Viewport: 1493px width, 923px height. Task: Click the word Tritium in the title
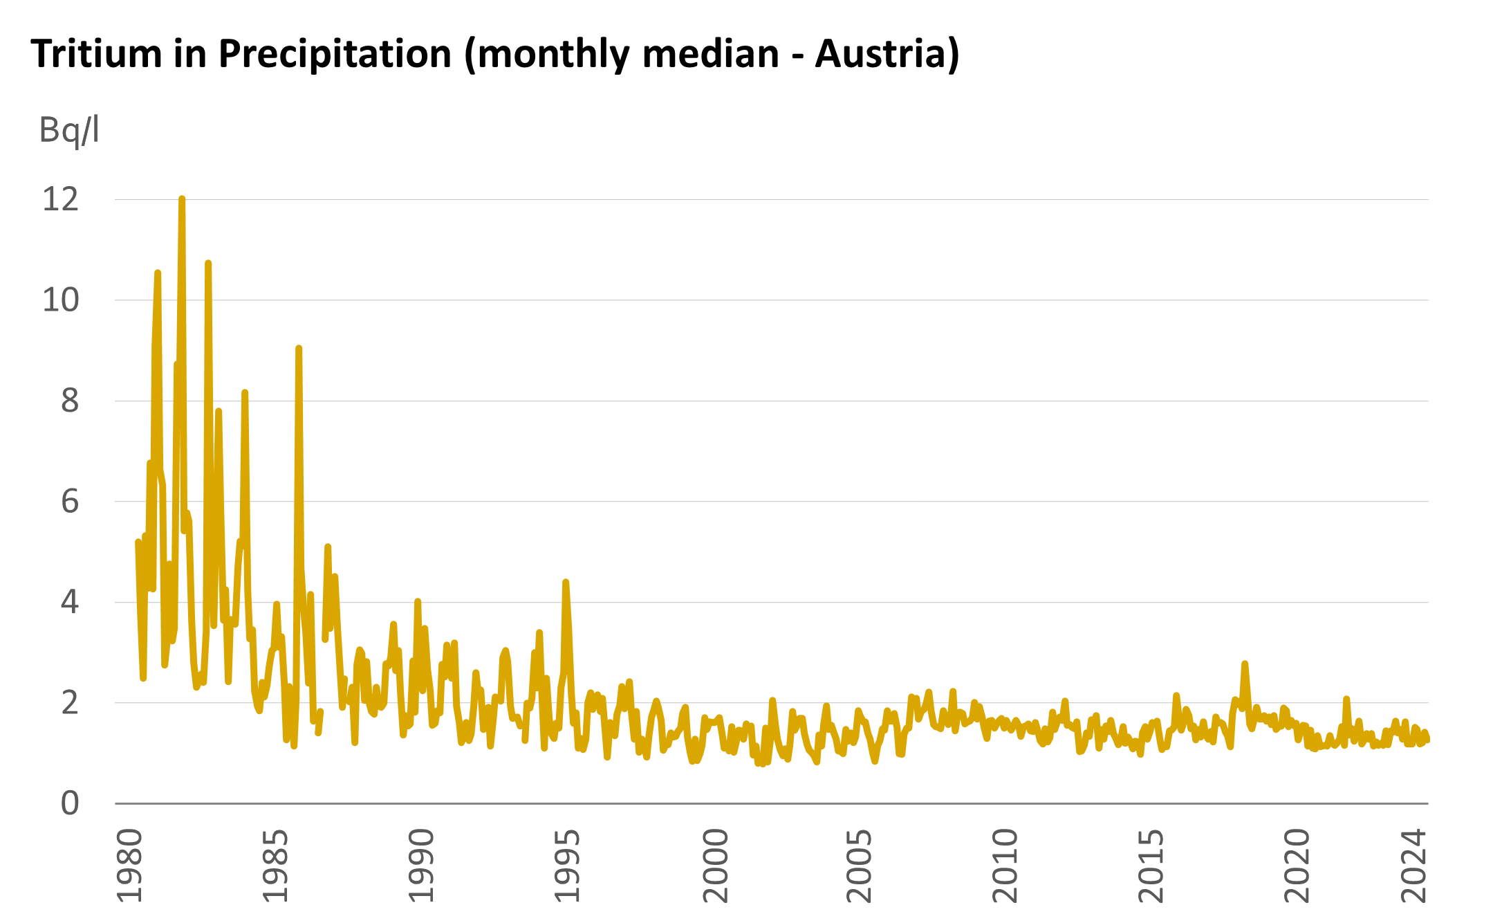coord(96,53)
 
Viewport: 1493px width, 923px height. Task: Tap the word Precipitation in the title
coord(335,53)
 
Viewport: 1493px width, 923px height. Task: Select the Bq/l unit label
coord(69,130)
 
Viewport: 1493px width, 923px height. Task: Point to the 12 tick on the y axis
coord(61,200)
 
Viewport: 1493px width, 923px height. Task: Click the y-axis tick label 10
coord(61,300)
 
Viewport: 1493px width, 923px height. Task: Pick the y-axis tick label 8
coord(70,401)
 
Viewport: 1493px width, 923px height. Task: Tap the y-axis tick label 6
coord(70,502)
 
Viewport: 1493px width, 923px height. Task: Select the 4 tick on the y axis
coord(70,603)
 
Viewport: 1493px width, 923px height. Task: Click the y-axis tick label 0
coord(70,804)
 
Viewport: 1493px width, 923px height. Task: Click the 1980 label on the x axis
coord(129,866)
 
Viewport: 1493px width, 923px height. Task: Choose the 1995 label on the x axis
coord(568,866)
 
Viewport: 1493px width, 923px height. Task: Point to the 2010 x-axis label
coord(1005,866)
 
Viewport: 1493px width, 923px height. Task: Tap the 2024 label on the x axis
coord(1413,866)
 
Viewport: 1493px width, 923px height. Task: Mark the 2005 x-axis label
coord(860,866)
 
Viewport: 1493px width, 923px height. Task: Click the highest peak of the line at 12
coord(182,199)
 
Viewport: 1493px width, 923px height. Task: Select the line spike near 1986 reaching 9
coord(298,349)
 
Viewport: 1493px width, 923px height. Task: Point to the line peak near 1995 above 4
coord(565,583)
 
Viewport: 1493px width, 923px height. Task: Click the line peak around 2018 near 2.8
coord(1245,664)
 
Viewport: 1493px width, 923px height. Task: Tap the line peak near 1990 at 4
coord(417,602)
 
